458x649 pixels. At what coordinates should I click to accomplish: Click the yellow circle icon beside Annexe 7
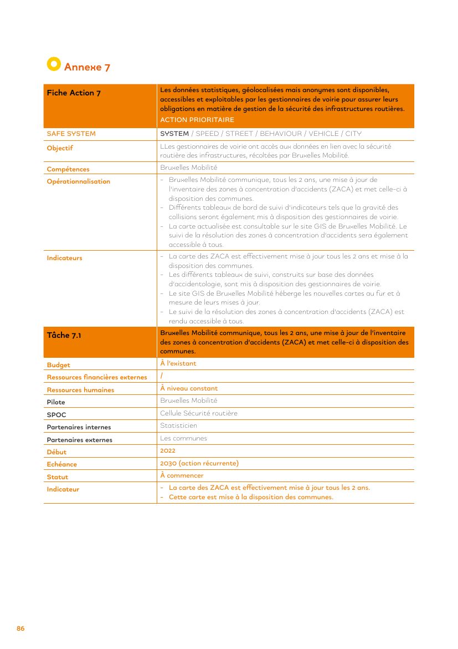click(x=53, y=64)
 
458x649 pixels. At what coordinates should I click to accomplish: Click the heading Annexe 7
click(x=87, y=67)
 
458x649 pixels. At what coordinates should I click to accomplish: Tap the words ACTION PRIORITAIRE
click(x=197, y=120)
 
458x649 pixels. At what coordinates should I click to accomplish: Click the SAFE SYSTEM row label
click(x=71, y=134)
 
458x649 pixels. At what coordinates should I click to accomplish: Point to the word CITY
click(x=353, y=134)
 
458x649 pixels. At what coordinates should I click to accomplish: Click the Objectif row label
click(x=60, y=148)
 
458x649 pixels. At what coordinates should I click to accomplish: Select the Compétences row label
click(x=68, y=169)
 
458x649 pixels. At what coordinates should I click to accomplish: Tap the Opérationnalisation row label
click(x=78, y=181)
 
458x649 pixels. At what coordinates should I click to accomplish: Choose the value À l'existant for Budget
click(x=178, y=363)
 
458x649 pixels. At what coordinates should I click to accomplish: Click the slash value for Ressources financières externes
click(x=161, y=376)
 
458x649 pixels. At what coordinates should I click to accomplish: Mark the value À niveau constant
click(x=189, y=388)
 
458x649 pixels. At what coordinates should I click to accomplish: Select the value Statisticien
click(x=178, y=425)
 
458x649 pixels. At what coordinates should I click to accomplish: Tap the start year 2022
click(x=167, y=451)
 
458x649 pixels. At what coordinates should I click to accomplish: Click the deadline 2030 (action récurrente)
click(x=199, y=463)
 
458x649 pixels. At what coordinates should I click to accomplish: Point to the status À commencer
click(x=182, y=475)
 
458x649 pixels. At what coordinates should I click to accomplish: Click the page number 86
click(x=20, y=628)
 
